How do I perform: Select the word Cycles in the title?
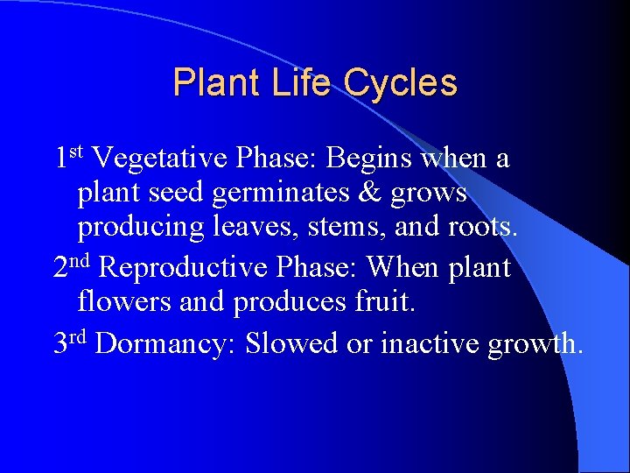pyautogui.click(x=399, y=82)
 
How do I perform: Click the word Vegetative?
pyautogui.click(x=162, y=159)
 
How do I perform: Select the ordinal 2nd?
pyautogui.click(x=73, y=266)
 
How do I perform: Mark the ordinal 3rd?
pyautogui.click(x=72, y=342)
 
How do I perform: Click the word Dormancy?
pyautogui.click(x=165, y=343)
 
